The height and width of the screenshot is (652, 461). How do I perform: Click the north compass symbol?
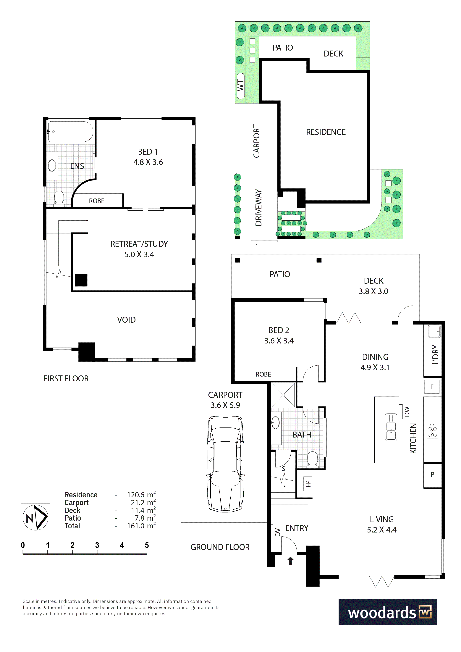[x=35, y=517]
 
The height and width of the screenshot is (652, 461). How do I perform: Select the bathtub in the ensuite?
[x=70, y=131]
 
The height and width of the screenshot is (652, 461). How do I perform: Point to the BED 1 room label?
[x=148, y=157]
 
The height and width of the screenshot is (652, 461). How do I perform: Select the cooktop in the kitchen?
[x=433, y=431]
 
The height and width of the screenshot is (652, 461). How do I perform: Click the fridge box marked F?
[x=432, y=387]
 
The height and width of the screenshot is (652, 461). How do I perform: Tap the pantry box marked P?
[x=432, y=474]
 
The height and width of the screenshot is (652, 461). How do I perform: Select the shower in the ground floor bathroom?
[x=283, y=395]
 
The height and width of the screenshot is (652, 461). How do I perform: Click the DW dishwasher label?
[x=407, y=411]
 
